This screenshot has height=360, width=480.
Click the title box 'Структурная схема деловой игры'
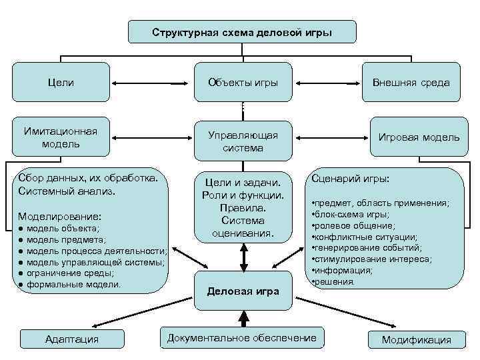[241, 32]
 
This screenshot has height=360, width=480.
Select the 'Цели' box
[61, 83]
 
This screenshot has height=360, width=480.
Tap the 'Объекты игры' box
[243, 83]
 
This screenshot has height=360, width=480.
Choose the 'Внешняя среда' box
[411, 83]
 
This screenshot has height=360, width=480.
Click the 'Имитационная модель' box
[61, 137]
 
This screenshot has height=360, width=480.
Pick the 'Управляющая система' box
[243, 141]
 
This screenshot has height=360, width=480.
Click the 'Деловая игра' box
[243, 291]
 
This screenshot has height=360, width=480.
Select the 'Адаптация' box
[71, 339]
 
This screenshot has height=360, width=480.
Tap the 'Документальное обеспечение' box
[242, 337]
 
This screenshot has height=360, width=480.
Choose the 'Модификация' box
[416, 339]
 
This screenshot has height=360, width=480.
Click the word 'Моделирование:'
[60, 217]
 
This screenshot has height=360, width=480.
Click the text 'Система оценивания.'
[243, 227]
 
